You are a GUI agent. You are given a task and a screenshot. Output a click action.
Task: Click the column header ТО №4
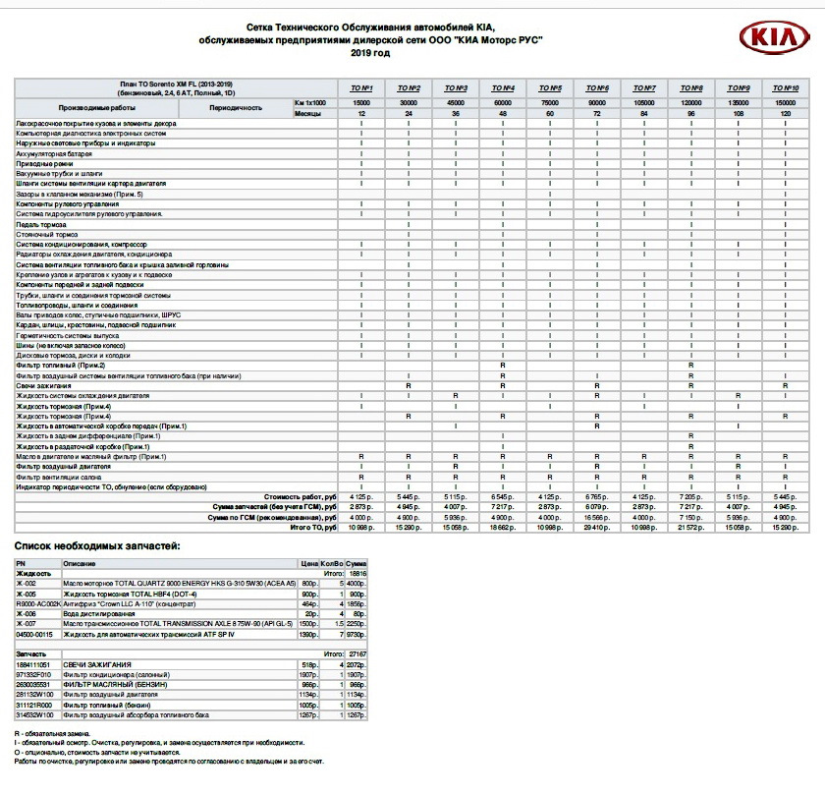pyautogui.click(x=503, y=88)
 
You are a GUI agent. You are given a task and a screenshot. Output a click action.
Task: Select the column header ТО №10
pyautogui.click(x=785, y=88)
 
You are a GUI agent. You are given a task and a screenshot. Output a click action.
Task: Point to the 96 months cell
pyautogui.click(x=691, y=114)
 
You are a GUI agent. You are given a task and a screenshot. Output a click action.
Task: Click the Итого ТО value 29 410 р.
pyautogui.click(x=598, y=527)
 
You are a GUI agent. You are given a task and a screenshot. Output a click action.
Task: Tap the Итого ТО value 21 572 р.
pyautogui.click(x=691, y=527)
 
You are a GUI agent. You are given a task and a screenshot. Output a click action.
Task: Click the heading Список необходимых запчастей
pyautogui.click(x=97, y=545)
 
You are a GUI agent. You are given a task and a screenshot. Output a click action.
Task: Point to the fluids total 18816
pyautogui.click(x=357, y=571)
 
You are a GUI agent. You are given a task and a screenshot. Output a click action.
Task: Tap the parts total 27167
pyautogui.click(x=357, y=652)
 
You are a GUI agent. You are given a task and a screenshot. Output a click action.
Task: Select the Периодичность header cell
pyautogui.click(x=235, y=107)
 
